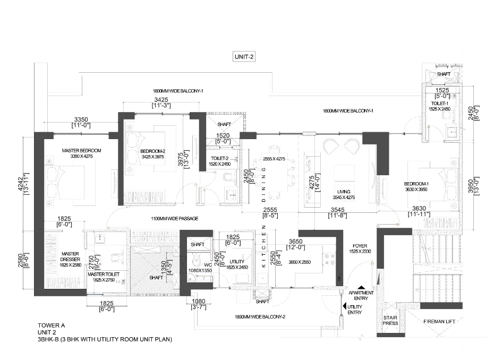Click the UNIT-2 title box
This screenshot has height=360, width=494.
(x=244, y=57)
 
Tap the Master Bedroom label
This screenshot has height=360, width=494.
(x=81, y=151)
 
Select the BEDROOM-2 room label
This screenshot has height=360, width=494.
(x=153, y=151)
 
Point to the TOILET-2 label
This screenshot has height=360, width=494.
(x=219, y=158)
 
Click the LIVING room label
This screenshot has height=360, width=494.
(x=344, y=192)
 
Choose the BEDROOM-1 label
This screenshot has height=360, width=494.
(x=416, y=184)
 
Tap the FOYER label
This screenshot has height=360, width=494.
(x=360, y=246)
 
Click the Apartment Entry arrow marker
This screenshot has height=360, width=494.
(x=361, y=287)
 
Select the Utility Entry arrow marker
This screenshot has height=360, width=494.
(x=345, y=306)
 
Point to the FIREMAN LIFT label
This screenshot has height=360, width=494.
(x=439, y=322)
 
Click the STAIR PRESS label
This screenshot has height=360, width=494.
(x=390, y=320)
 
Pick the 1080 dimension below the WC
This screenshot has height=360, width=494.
(x=199, y=302)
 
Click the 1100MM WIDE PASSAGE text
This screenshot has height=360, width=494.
(x=175, y=219)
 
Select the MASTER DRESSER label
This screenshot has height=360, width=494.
(x=70, y=256)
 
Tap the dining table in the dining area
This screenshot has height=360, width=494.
(x=275, y=176)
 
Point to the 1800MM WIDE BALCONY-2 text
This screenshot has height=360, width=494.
(x=260, y=317)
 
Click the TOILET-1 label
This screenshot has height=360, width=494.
(x=439, y=104)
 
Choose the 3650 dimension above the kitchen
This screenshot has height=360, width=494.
(x=295, y=242)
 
